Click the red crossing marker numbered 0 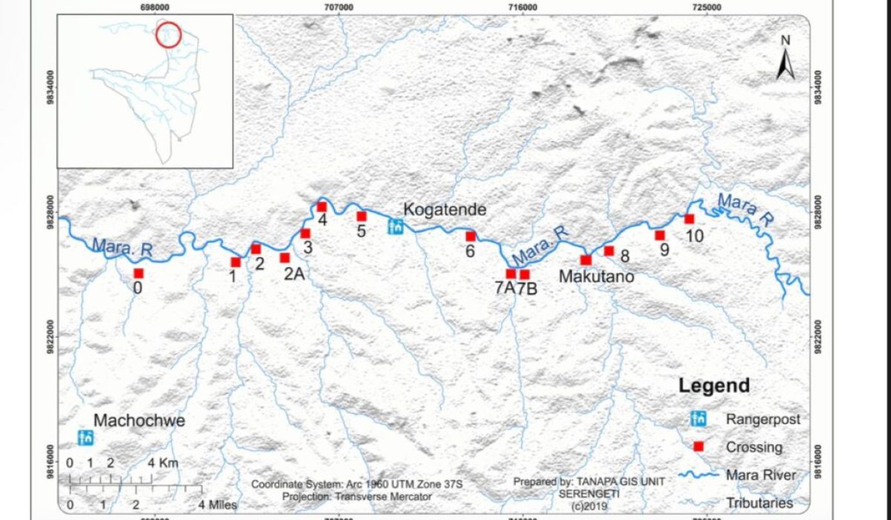(x=138, y=273)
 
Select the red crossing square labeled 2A (x=284, y=258)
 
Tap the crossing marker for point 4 (x=322, y=207)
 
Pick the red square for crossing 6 (x=470, y=236)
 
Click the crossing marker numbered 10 (x=689, y=218)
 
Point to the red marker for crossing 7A (x=511, y=273)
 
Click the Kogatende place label (x=445, y=210)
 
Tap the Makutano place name (x=596, y=277)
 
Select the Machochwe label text (x=140, y=421)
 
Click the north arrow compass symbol (x=786, y=59)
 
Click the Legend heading (x=714, y=386)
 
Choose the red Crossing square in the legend (x=697, y=447)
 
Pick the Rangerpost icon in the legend (x=697, y=419)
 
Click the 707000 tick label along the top (x=339, y=7)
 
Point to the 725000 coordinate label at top (x=706, y=7)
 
